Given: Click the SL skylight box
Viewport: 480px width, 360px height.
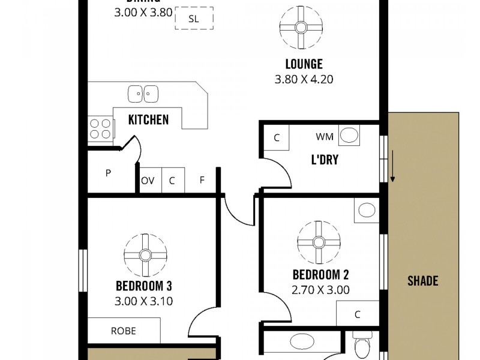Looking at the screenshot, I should [194, 19].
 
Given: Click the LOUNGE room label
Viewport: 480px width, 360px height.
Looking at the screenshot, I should [304, 64].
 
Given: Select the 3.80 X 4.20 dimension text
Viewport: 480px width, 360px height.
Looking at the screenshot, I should [304, 79].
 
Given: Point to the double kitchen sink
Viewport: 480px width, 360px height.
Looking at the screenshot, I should [143, 94].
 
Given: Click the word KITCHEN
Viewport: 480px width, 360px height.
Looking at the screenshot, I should [148, 119].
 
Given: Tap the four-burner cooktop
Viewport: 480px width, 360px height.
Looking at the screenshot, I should [100, 127].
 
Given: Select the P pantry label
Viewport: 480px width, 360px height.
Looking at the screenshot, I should [109, 173].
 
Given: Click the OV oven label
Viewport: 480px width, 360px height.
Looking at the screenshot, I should [148, 181].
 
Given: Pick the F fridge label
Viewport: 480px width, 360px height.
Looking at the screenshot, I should [202, 181].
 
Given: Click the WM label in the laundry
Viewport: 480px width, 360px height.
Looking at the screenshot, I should [325, 137].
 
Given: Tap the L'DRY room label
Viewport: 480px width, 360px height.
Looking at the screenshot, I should [324, 160].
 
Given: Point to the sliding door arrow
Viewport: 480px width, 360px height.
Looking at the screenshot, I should [393, 167].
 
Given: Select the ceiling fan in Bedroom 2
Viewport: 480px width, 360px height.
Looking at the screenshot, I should [319, 242].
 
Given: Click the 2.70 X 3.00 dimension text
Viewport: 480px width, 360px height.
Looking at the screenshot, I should [320, 290].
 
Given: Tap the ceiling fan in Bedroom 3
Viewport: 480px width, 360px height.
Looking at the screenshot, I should [145, 254].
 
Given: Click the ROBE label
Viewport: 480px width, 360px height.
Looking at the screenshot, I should [123, 331].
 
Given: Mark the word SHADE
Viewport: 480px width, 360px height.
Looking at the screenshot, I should [423, 280].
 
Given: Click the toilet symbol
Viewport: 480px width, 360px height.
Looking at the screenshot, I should [362, 347].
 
